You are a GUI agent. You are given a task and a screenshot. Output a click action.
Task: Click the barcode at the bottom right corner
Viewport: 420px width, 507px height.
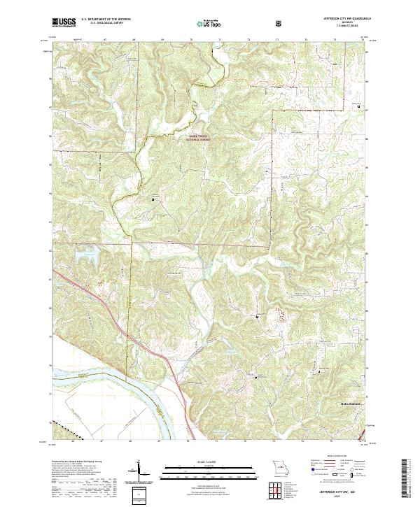click(410, 481)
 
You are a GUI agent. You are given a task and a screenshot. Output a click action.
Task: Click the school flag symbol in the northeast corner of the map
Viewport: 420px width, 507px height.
click(360, 107)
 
